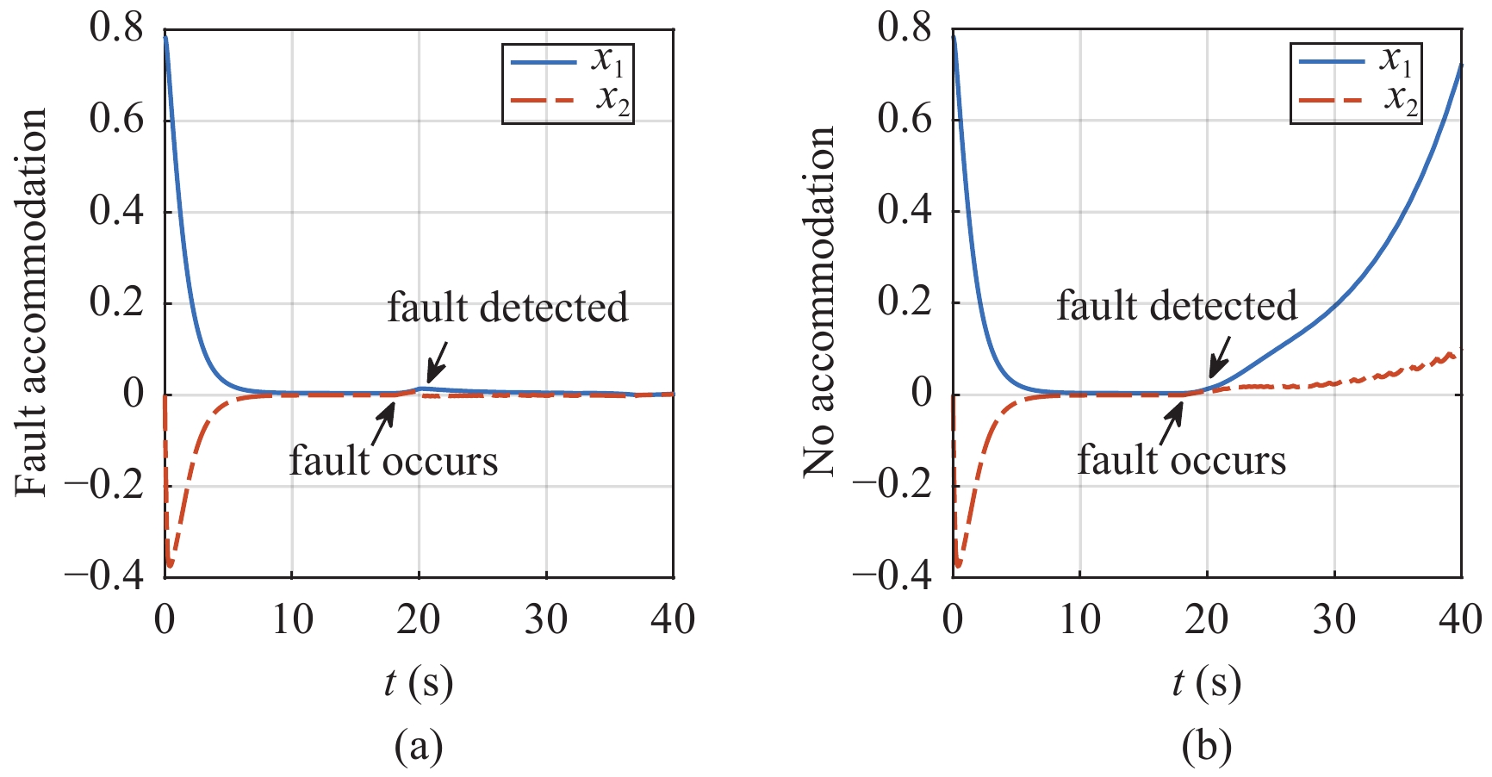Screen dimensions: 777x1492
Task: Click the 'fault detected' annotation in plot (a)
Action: (507, 308)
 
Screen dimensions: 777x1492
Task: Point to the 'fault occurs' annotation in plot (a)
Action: (394, 461)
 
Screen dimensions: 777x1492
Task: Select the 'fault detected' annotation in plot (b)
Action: (1177, 306)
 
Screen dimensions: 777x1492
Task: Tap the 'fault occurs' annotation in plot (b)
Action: (1182, 460)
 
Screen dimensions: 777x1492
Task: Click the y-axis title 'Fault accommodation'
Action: (32, 302)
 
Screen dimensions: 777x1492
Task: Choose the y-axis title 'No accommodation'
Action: (819, 302)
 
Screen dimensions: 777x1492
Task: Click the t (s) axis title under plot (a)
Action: (419, 683)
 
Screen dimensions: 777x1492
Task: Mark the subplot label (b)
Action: (1206, 746)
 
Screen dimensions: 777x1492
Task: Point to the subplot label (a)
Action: (419, 746)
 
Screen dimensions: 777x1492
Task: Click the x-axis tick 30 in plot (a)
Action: (546, 618)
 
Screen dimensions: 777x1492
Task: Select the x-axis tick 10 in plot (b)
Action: (1079, 618)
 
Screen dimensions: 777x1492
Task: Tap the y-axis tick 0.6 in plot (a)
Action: (116, 119)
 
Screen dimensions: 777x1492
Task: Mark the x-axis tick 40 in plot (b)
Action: (1461, 618)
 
